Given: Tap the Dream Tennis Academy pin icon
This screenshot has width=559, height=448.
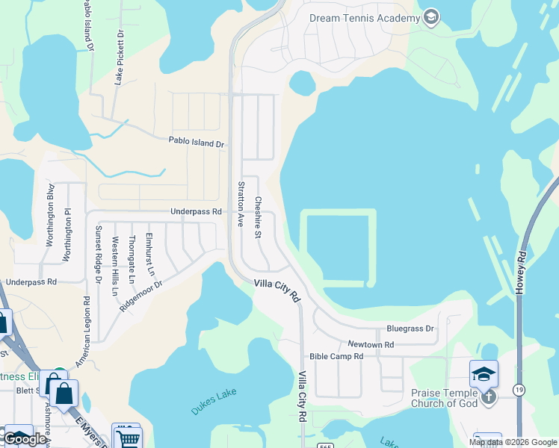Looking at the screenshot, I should point(430,17).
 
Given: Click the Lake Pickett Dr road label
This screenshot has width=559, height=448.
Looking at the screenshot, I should point(118,57).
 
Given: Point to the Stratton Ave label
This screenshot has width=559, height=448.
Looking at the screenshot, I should point(241,204).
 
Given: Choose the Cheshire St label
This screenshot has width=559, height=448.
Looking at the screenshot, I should point(257,217).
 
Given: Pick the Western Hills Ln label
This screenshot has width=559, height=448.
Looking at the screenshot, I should point(115,265).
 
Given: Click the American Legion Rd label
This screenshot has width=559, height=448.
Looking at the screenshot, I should point(87,324).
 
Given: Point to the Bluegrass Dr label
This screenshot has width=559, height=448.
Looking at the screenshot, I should point(410,329).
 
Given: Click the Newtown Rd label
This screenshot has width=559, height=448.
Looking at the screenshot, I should point(371,344).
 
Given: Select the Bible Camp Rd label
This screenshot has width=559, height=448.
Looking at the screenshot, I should point(336,357).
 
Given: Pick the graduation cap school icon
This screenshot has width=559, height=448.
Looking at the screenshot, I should point(484,373).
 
